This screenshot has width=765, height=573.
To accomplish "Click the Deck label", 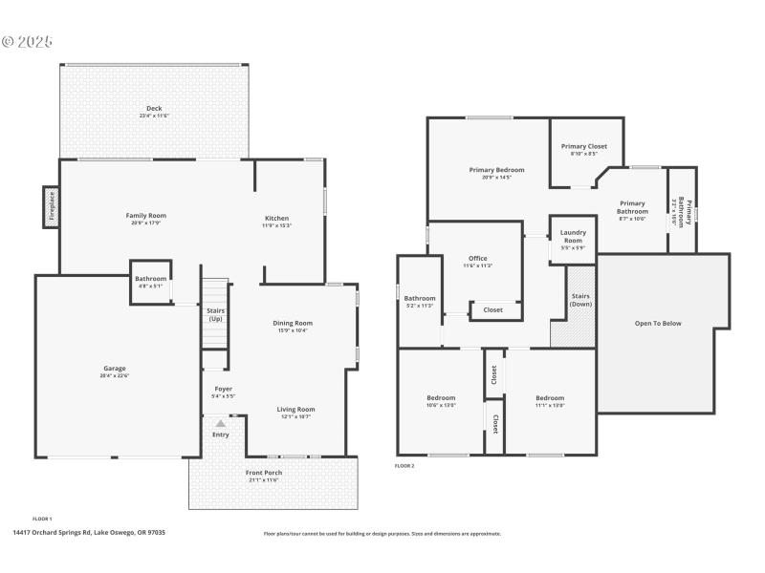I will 154,108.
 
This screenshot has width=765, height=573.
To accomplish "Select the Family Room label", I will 146,216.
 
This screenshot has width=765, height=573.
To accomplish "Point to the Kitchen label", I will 276,219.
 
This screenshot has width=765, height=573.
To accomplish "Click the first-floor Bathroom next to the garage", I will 150,282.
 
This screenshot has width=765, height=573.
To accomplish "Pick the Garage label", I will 115,369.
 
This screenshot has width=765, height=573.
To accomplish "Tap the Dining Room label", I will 295,323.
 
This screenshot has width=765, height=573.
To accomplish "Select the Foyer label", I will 223,389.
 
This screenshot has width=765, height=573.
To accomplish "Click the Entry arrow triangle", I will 221,423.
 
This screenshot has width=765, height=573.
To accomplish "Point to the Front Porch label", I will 263,473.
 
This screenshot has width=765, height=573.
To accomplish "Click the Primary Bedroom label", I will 496,170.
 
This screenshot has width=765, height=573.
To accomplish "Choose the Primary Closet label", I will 584,147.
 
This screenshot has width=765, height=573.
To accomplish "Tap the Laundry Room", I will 573,238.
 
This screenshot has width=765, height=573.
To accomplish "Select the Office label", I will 478,258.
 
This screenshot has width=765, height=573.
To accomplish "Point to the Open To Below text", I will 658,324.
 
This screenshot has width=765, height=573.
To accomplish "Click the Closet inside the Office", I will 493,310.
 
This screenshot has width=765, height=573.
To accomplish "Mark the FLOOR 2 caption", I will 405,466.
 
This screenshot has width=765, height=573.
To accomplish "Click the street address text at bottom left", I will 88,533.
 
